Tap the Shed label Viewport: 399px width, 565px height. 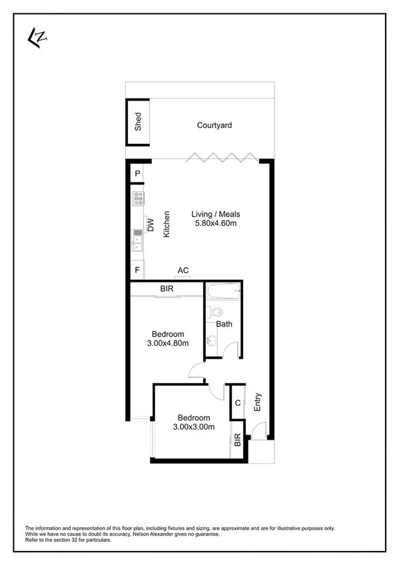pyautogui.click(x=138, y=121)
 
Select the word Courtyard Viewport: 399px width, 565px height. pyautogui.click(x=214, y=125)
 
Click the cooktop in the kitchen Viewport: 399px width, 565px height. pyautogui.click(x=138, y=197)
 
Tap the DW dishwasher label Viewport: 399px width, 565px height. pyautogui.click(x=151, y=225)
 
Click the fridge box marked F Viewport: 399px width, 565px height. pyautogui.click(x=137, y=270)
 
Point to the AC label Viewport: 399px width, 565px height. pyautogui.click(x=183, y=270)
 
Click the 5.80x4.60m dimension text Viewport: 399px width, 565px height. pyautogui.click(x=215, y=223)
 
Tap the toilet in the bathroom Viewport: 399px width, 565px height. pyautogui.click(x=214, y=311)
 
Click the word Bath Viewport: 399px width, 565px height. pyautogui.click(x=224, y=324)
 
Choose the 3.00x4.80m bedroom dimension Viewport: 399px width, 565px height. pyautogui.click(x=168, y=343)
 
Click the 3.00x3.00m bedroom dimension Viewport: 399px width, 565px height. pyautogui.click(x=193, y=426)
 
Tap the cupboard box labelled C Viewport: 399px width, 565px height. pyautogui.click(x=238, y=402)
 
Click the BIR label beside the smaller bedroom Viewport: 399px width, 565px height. pyautogui.click(x=237, y=440)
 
